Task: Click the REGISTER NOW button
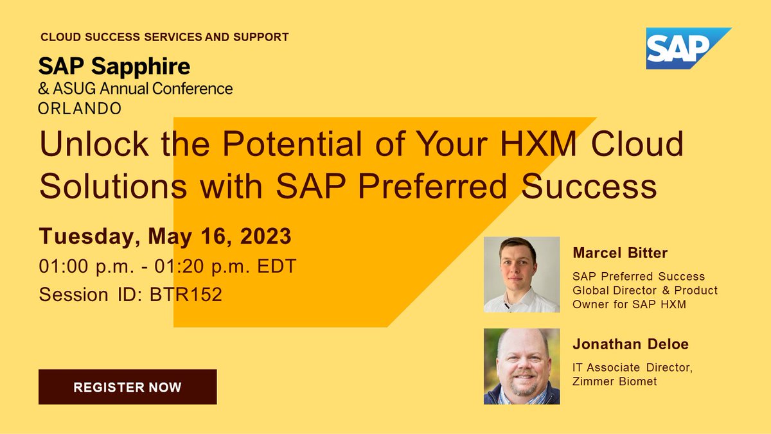click(x=127, y=387)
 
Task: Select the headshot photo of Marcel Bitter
click(x=521, y=275)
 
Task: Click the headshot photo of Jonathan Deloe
click(x=521, y=367)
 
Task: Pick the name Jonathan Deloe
click(x=630, y=345)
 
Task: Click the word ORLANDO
click(x=80, y=108)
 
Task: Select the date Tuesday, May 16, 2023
click(x=165, y=236)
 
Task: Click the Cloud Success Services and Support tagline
click(x=164, y=37)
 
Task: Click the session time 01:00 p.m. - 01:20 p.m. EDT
click(x=168, y=266)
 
